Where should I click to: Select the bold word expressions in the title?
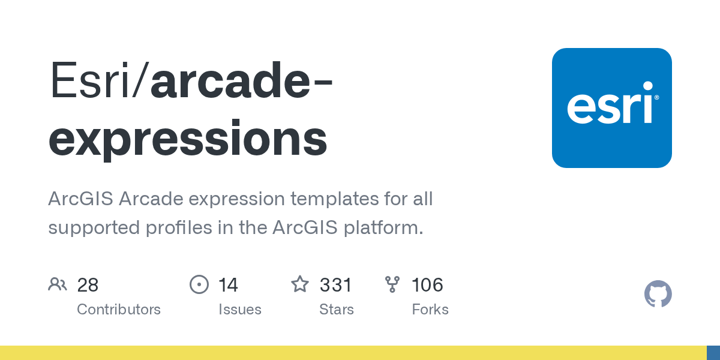pos(188,138)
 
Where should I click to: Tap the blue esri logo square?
pos(611,108)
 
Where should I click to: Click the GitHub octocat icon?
pos(658,295)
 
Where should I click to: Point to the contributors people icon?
pos(58,284)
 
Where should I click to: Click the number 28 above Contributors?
pos(88,284)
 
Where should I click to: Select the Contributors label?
pos(119,310)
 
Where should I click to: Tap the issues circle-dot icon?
pos(199,284)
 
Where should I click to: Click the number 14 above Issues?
pos(228,284)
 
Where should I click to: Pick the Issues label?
pos(240,310)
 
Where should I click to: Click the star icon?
pos(300,284)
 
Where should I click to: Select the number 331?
pos(335,284)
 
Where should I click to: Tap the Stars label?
pos(337,310)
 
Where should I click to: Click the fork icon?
pos(392,284)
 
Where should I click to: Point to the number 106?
pos(427,284)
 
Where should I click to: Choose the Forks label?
pos(430,310)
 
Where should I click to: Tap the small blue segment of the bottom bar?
pos(713,353)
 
